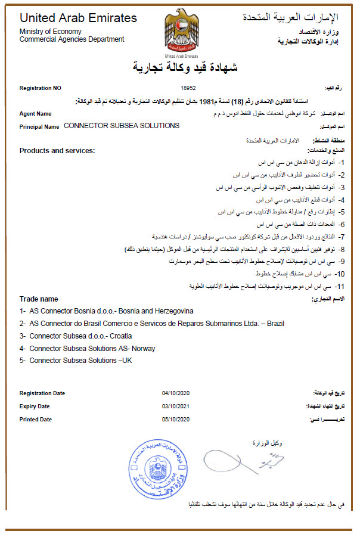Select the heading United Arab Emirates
[78, 18]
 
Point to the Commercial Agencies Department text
[72, 39]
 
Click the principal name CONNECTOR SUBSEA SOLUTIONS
[121, 126]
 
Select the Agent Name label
[35, 113]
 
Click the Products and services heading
[57, 151]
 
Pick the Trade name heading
[39, 299]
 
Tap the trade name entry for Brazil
[151, 324]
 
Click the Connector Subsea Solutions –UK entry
[76, 361]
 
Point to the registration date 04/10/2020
[175, 393]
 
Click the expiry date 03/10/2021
[175, 406]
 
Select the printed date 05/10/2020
[175, 420]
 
